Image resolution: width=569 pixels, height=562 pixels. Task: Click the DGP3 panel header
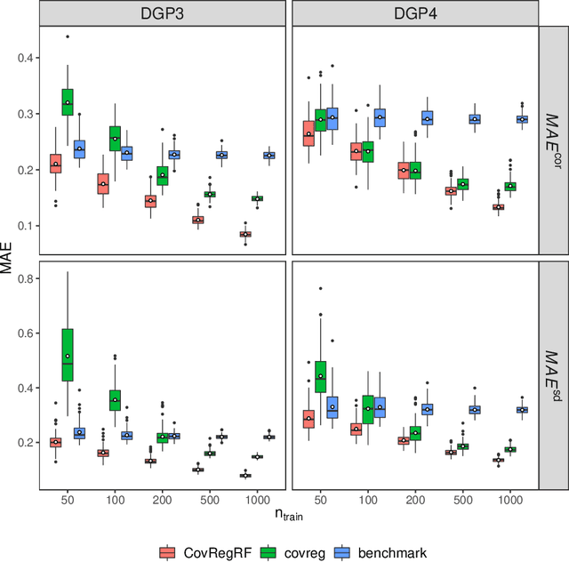click(163, 13)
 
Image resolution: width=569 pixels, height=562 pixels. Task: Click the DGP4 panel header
click(415, 13)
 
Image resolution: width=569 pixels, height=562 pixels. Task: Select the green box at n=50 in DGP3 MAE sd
click(68, 355)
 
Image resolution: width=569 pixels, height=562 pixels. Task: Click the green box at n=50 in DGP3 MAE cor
click(68, 102)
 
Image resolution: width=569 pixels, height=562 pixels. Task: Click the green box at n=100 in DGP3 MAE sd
click(115, 400)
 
